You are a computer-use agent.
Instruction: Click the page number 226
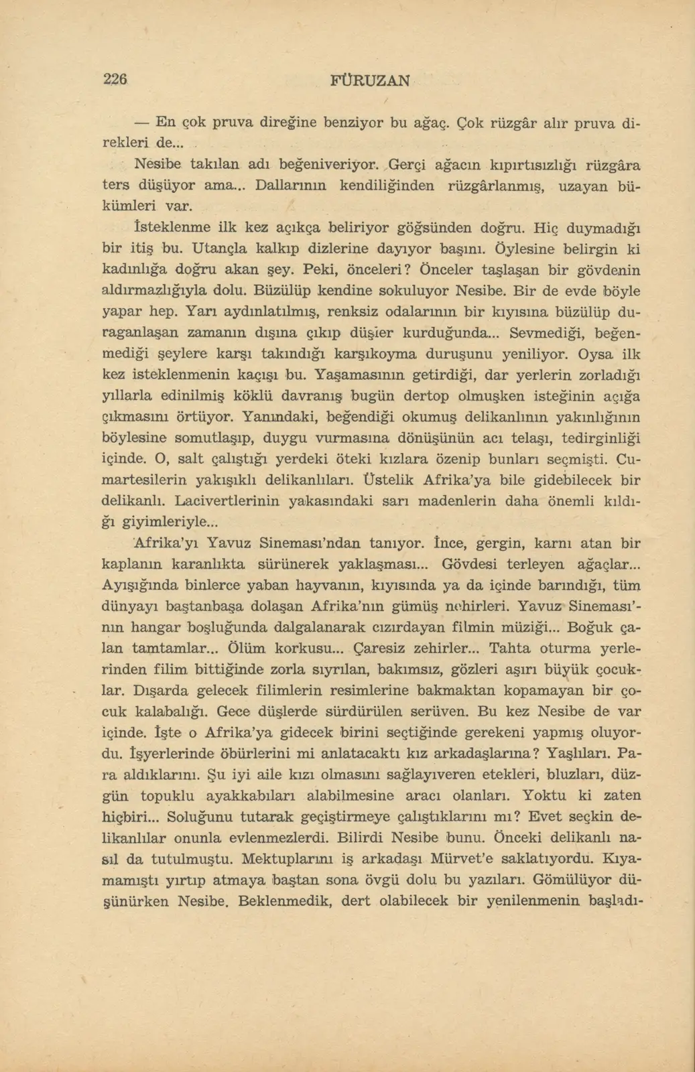[x=115, y=79]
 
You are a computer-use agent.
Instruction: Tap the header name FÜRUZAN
[x=371, y=80]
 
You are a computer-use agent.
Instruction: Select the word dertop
[x=421, y=396]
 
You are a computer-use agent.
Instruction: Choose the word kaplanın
[x=131, y=564]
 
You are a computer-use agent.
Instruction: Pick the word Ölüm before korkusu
[x=248, y=649]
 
